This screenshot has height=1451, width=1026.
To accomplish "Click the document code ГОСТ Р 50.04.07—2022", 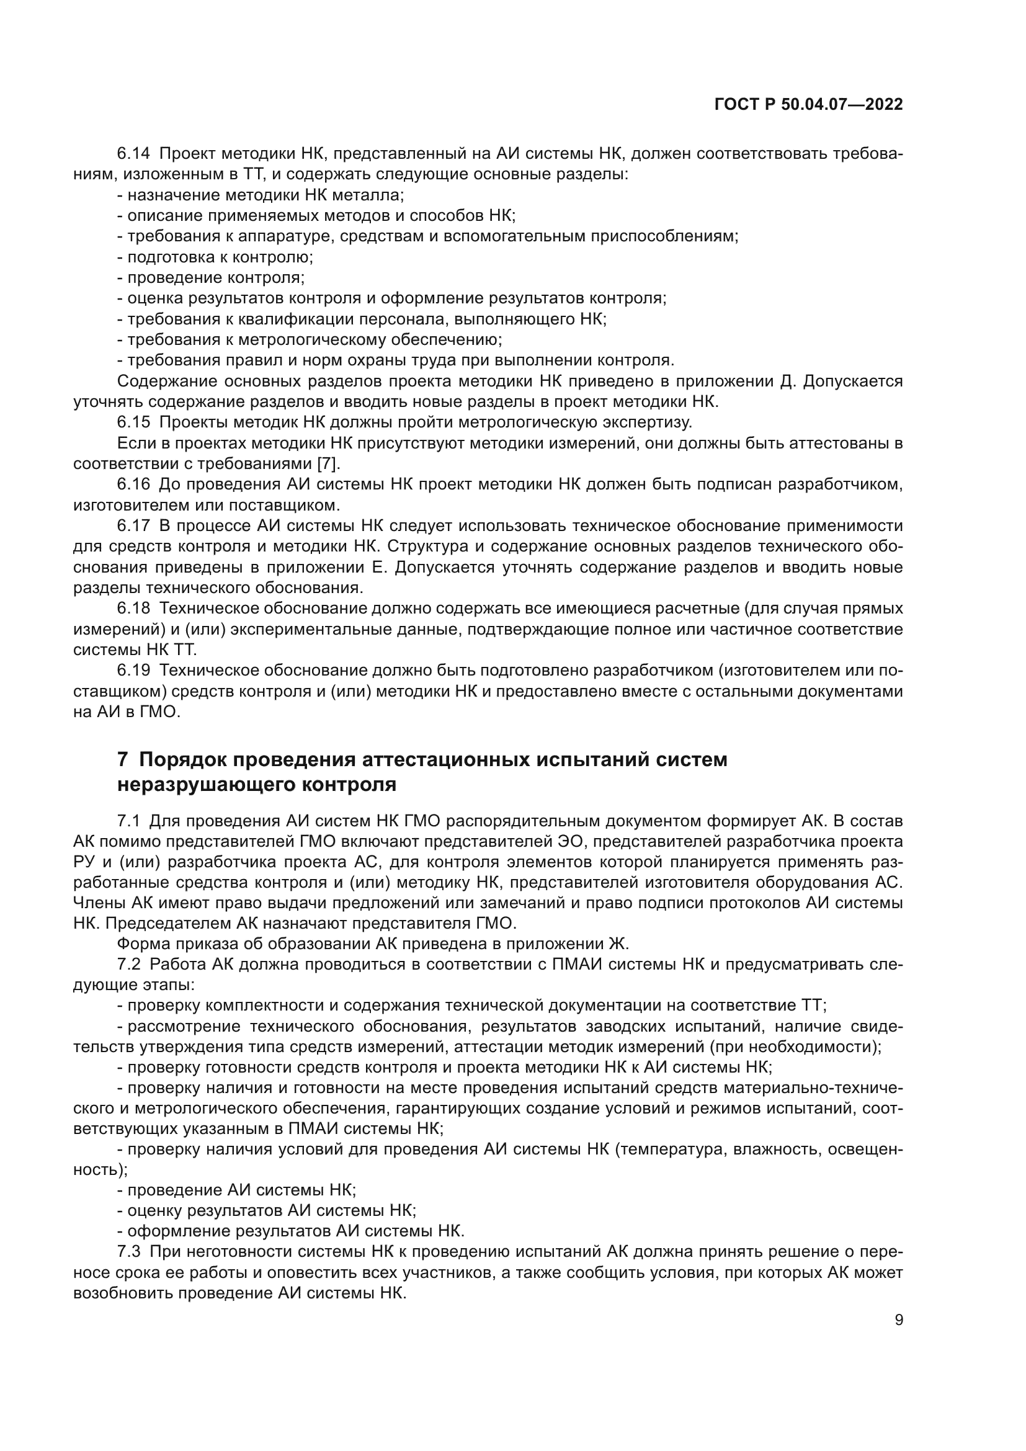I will [x=808, y=105].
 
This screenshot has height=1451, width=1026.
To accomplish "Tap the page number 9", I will [x=899, y=1320].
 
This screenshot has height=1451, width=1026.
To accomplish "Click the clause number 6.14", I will [x=133, y=154].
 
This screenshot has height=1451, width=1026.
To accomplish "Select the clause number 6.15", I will [x=133, y=421].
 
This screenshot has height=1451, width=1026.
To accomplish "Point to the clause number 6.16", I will [x=133, y=484].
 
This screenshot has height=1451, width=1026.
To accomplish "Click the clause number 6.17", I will [x=133, y=526].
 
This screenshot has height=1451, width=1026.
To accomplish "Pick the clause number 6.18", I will [x=133, y=609].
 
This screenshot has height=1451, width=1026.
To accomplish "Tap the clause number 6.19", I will [x=133, y=670].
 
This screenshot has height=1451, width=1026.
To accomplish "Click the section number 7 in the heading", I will [x=123, y=759].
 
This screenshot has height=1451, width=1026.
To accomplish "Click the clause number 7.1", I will [x=128, y=821].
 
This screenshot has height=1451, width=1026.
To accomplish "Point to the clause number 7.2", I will [x=128, y=965].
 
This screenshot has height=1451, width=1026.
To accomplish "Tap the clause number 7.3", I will [x=129, y=1251].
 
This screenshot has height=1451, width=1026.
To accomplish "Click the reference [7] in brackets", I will [x=328, y=463].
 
